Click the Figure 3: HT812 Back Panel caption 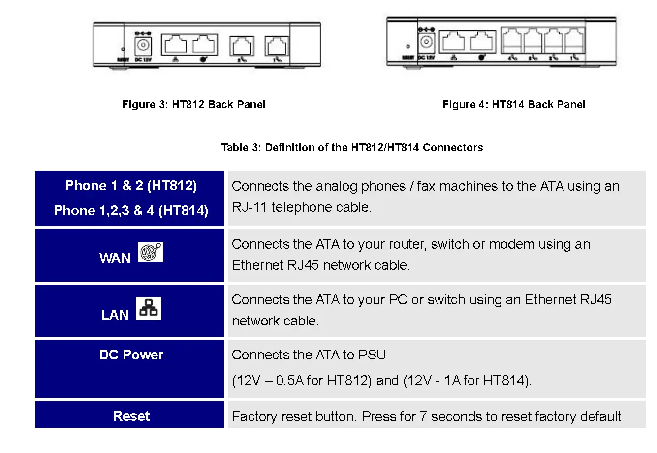[193, 104]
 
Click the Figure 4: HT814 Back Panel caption [513, 104]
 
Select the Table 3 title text [352, 147]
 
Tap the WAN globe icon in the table [150, 252]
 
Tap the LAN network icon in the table [148, 309]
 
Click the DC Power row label [131, 355]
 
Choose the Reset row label [131, 416]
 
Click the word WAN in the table [115, 259]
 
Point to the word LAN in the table [115, 315]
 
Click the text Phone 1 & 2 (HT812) [131, 186]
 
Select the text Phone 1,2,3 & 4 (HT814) [131, 211]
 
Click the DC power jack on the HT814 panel [426, 42]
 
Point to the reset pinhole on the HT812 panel [123, 49]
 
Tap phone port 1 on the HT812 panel [277, 46]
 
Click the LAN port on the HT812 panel [175, 45]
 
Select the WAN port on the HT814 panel [482, 41]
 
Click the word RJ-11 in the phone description [250, 207]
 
